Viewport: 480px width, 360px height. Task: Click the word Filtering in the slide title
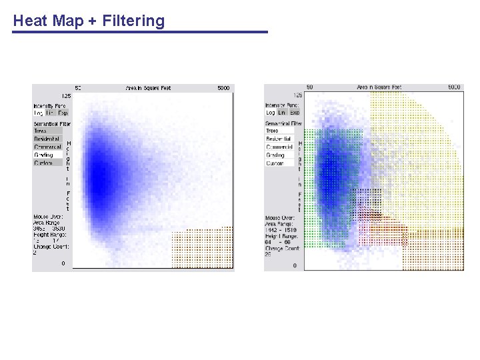point(133,21)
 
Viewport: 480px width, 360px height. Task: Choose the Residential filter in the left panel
point(47,139)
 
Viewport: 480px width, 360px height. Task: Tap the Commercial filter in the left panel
point(47,147)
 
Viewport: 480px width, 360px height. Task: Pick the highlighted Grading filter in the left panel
point(43,155)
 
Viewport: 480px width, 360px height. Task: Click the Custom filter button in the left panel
point(43,163)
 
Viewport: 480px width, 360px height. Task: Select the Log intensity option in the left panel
point(38,113)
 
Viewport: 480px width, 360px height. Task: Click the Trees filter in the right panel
point(273,131)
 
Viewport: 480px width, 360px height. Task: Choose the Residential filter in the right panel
point(279,139)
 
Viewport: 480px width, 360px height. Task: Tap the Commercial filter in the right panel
point(279,147)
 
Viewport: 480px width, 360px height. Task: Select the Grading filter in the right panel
point(275,155)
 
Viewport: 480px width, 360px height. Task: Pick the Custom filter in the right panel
point(275,163)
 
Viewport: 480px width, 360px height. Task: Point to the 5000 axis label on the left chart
point(224,88)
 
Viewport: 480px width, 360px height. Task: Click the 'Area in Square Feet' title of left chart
point(148,88)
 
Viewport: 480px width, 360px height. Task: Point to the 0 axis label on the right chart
point(295,265)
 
